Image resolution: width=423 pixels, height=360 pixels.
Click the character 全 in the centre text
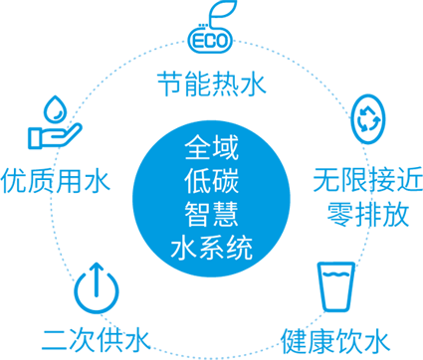coord(197,147)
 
